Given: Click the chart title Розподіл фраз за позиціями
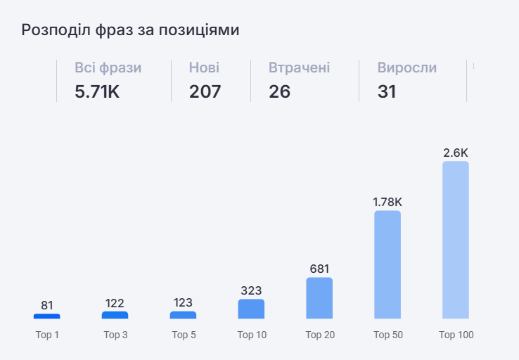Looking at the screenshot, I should (x=130, y=30).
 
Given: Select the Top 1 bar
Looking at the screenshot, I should (x=47, y=316).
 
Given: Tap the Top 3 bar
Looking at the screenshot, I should (x=115, y=315).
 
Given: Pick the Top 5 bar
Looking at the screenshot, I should (x=183, y=315).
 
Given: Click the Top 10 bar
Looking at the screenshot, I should (x=251, y=309).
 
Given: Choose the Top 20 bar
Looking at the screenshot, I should (x=319, y=298).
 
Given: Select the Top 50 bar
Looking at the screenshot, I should (x=387, y=265).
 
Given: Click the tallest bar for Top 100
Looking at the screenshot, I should (x=456, y=240).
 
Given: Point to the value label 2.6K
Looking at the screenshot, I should (x=456, y=153).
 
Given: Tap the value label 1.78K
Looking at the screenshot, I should (x=387, y=202).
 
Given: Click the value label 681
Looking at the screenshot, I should (x=319, y=269).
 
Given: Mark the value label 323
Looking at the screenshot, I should (x=251, y=290).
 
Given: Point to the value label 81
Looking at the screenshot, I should (x=47, y=305).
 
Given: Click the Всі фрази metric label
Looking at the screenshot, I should (x=108, y=68).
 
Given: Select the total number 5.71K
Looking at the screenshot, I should (x=97, y=91).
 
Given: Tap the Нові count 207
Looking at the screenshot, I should (x=205, y=91).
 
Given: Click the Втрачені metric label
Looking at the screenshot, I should (x=299, y=68).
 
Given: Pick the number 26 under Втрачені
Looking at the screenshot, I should (x=279, y=91).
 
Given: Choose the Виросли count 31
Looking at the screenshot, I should (x=387, y=91).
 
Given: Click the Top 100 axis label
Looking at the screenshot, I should (x=456, y=335).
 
